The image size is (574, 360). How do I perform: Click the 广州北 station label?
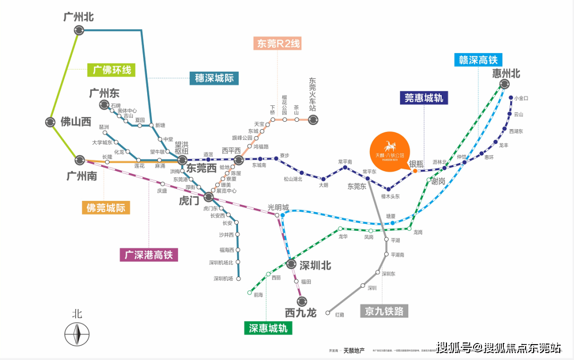(79, 17)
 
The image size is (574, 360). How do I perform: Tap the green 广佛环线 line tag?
(112, 70)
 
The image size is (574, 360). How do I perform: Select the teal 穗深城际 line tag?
(214, 78)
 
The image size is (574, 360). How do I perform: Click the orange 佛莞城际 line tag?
(106, 208)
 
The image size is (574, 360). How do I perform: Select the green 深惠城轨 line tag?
(268, 329)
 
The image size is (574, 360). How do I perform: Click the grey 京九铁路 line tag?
(384, 311)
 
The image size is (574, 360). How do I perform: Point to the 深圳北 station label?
(315, 265)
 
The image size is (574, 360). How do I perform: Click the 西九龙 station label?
(300, 313)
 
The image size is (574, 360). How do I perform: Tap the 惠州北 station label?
(506, 74)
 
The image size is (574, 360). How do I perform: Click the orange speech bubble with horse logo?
(390, 150)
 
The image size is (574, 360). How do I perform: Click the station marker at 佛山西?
(50, 122)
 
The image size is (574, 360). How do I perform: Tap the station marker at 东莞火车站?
(313, 121)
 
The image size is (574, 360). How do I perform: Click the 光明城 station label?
(278, 207)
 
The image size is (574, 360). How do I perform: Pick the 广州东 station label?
(105, 93)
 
